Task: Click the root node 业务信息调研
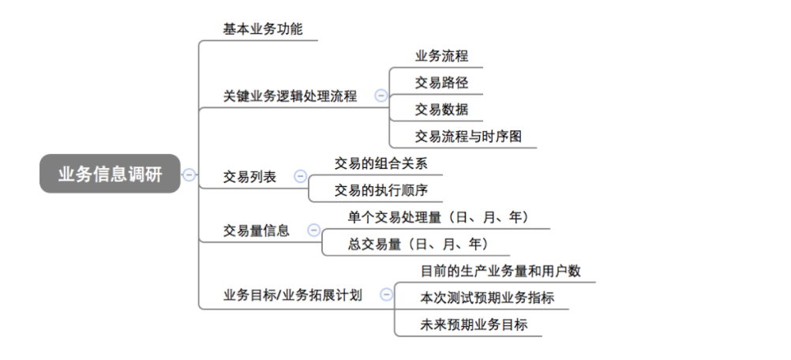110,174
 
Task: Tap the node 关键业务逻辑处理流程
290,96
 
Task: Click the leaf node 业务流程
441,56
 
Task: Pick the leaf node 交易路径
441,82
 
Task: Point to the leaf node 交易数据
441,109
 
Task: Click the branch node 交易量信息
256,231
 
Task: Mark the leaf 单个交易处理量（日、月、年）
438,217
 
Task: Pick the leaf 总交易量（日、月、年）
418,244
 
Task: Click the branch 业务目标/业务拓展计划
293,296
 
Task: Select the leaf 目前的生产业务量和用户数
500,271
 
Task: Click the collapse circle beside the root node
189,175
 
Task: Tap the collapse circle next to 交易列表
300,177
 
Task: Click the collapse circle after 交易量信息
313,231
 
